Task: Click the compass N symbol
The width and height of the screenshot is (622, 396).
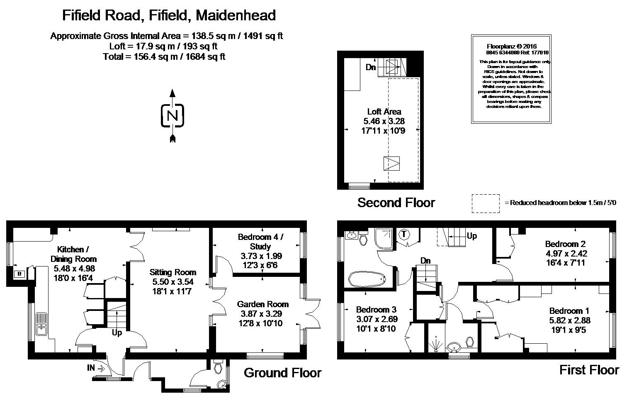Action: (x=172, y=115)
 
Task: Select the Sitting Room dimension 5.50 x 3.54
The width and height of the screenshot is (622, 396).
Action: (x=173, y=282)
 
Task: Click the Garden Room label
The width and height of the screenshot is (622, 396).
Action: (x=262, y=304)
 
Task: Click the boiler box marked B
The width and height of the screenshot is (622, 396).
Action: (x=19, y=274)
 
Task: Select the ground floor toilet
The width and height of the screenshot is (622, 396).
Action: (x=219, y=368)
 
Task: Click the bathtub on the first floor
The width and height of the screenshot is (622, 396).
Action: (x=366, y=279)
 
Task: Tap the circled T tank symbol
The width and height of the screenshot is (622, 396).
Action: (x=404, y=235)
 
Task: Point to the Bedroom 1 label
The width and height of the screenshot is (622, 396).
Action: (x=569, y=311)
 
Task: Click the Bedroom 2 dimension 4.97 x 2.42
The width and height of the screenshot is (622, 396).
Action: (x=566, y=253)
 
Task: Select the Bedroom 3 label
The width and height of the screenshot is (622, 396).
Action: (x=376, y=310)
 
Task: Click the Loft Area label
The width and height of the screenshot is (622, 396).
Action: (x=384, y=112)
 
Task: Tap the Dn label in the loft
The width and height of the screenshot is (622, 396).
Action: (x=371, y=66)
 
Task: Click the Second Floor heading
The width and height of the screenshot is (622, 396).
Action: (x=396, y=203)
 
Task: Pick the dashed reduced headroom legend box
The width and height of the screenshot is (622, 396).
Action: (x=486, y=203)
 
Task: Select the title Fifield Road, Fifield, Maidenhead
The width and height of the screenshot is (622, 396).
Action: (x=169, y=15)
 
